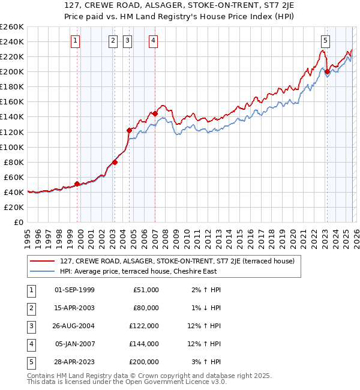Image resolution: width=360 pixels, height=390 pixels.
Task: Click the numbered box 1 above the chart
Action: pyautogui.click(x=76, y=41)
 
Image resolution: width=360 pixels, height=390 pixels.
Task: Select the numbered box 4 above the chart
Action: pyautogui.click(x=154, y=41)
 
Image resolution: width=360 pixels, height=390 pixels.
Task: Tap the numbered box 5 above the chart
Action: pyautogui.click(x=325, y=41)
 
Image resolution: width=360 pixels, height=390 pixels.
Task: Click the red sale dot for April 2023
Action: pyautogui.click(x=327, y=72)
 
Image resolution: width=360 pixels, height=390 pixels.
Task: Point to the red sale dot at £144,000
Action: pyautogui.click(x=155, y=113)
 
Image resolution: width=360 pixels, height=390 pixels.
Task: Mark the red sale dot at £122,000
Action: pyautogui.click(x=129, y=130)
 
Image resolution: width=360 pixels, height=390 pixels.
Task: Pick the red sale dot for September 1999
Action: pyautogui.click(x=77, y=184)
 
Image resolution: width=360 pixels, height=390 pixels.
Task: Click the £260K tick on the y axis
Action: pyautogui.click(x=11, y=27)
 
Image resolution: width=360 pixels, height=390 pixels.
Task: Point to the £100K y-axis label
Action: pyautogui.click(x=11, y=147)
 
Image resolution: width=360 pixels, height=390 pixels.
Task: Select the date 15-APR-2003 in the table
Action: pyautogui.click(x=74, y=308)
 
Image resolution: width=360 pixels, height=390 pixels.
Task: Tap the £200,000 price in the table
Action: pyautogui.click(x=144, y=362)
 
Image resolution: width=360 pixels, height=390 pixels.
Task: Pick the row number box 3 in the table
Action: pyautogui.click(x=30, y=326)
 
